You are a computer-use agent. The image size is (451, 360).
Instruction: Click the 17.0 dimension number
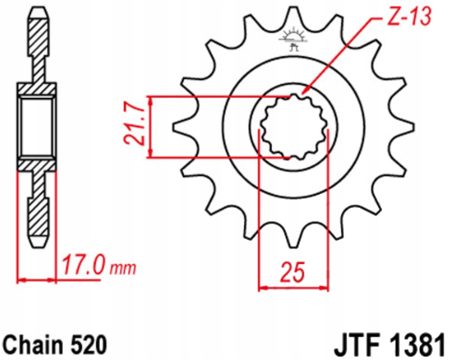pos(82,266)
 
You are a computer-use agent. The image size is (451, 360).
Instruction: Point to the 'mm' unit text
pos(122,268)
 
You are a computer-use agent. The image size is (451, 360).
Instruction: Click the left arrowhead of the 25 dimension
pos(261,288)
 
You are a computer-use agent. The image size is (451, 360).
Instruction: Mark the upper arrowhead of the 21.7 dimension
pos(151,99)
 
